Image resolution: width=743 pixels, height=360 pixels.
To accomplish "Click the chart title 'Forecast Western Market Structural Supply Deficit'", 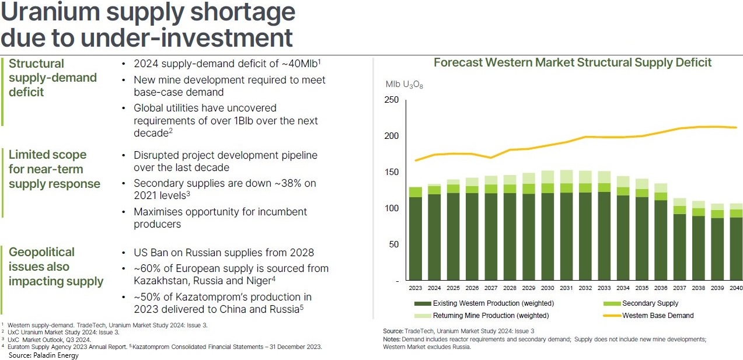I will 573,62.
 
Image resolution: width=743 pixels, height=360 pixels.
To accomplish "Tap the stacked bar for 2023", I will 416,233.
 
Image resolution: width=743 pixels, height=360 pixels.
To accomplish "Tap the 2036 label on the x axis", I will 661,288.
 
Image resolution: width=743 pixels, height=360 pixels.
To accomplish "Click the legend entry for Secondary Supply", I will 650,303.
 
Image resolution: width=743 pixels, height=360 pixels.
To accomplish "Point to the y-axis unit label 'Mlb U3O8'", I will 404,85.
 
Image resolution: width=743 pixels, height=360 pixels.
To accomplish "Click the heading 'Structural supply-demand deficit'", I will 53,78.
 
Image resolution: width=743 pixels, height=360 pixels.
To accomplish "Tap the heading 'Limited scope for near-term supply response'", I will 54,169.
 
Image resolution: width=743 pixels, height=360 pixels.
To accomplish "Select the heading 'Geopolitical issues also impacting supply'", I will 55,267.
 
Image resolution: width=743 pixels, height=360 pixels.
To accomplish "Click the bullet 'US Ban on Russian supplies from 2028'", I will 224,253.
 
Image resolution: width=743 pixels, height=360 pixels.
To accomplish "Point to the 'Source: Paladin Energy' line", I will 43,355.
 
